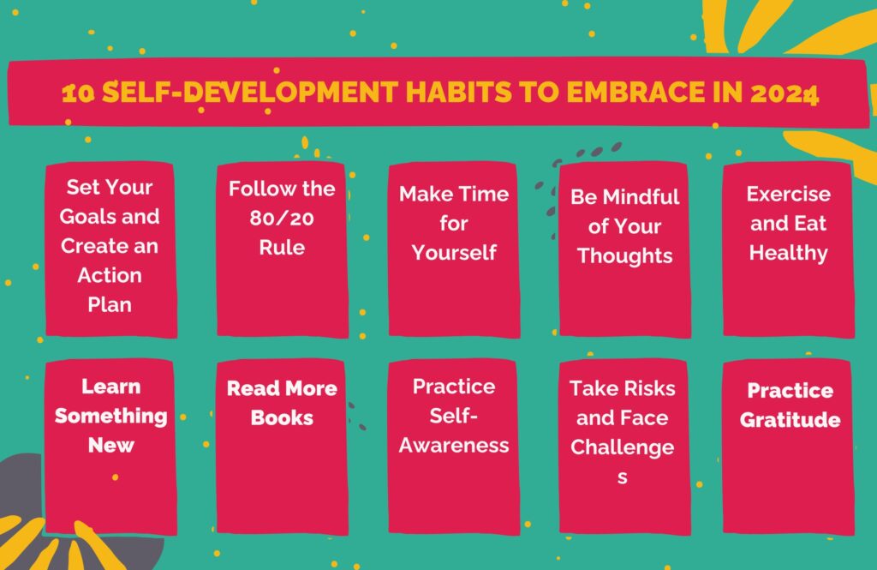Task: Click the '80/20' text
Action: click(x=282, y=219)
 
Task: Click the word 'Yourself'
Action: click(x=454, y=253)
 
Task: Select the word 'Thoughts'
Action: click(x=624, y=256)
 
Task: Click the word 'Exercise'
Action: click(x=788, y=195)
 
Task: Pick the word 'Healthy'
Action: click(x=788, y=253)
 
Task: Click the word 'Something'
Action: click(x=110, y=416)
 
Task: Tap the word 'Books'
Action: click(x=282, y=417)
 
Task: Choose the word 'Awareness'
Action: click(x=454, y=446)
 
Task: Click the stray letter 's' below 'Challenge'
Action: click(x=622, y=477)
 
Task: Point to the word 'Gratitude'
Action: click(x=790, y=420)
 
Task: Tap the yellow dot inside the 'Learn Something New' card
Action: click(x=116, y=477)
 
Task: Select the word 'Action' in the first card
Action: click(x=110, y=275)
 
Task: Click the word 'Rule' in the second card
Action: click(x=282, y=248)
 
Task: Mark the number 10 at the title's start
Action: click(x=78, y=93)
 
